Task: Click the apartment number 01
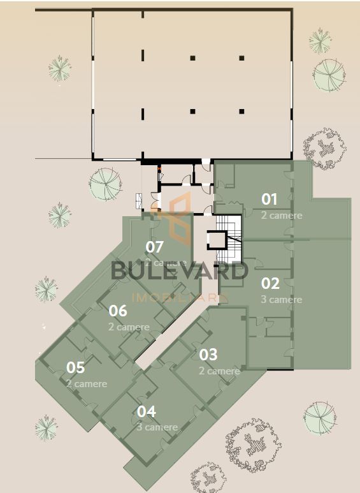pyautogui.click(x=270, y=199)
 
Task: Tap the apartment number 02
pyautogui.click(x=270, y=283)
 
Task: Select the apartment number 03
pyautogui.click(x=208, y=354)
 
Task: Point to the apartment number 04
pyautogui.click(x=147, y=412)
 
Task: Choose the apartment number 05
pyautogui.click(x=75, y=368)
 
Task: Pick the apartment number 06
pyautogui.click(x=118, y=311)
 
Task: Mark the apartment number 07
pyautogui.click(x=155, y=247)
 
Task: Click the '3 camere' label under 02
pyautogui.click(x=282, y=299)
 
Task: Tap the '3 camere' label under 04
pyautogui.click(x=157, y=427)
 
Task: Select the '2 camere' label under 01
pyautogui.click(x=282, y=216)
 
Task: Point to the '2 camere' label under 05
pyautogui.click(x=87, y=384)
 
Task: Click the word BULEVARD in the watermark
pyautogui.click(x=179, y=270)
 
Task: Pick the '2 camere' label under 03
pyautogui.click(x=219, y=371)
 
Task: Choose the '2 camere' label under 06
pyautogui.click(x=129, y=327)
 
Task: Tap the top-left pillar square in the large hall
pyautogui.click(x=192, y=58)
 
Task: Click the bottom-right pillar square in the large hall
pyautogui.click(x=241, y=112)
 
